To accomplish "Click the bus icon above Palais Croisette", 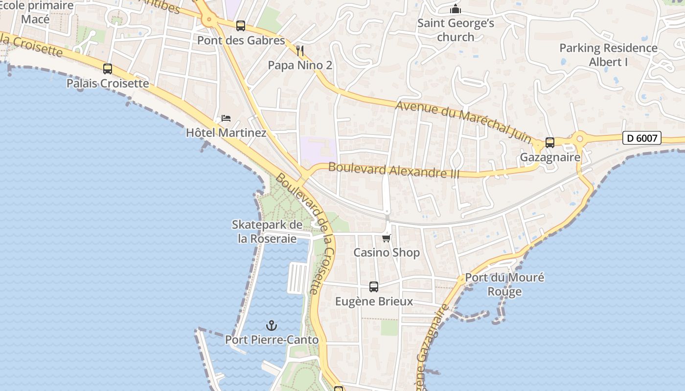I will pyautogui.click(x=108, y=69).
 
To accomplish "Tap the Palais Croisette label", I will pyautogui.click(x=108, y=84).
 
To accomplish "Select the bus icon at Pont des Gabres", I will pyautogui.click(x=240, y=26).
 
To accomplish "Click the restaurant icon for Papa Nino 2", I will pyautogui.click(x=300, y=50).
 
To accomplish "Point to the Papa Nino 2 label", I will pyautogui.click(x=300, y=65).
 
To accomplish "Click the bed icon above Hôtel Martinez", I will pyautogui.click(x=226, y=118).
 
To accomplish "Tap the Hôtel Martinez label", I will pyautogui.click(x=226, y=133).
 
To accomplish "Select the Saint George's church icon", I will pyautogui.click(x=456, y=9).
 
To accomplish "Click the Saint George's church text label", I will pyautogui.click(x=456, y=30).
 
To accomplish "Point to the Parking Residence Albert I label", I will pyautogui.click(x=608, y=55).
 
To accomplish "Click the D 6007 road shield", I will pyautogui.click(x=642, y=138).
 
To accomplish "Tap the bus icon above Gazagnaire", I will pyautogui.click(x=550, y=143).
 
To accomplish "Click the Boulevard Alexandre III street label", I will pyautogui.click(x=393, y=170).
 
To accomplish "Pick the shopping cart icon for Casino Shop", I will pyautogui.click(x=387, y=238).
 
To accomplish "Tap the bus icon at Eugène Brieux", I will pyautogui.click(x=374, y=287).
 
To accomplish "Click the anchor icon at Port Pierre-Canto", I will pyautogui.click(x=272, y=325).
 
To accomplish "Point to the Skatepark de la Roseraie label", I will pyautogui.click(x=267, y=232).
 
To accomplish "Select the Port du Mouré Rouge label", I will pyautogui.click(x=504, y=284).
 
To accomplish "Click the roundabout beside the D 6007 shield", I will pyautogui.click(x=580, y=138).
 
